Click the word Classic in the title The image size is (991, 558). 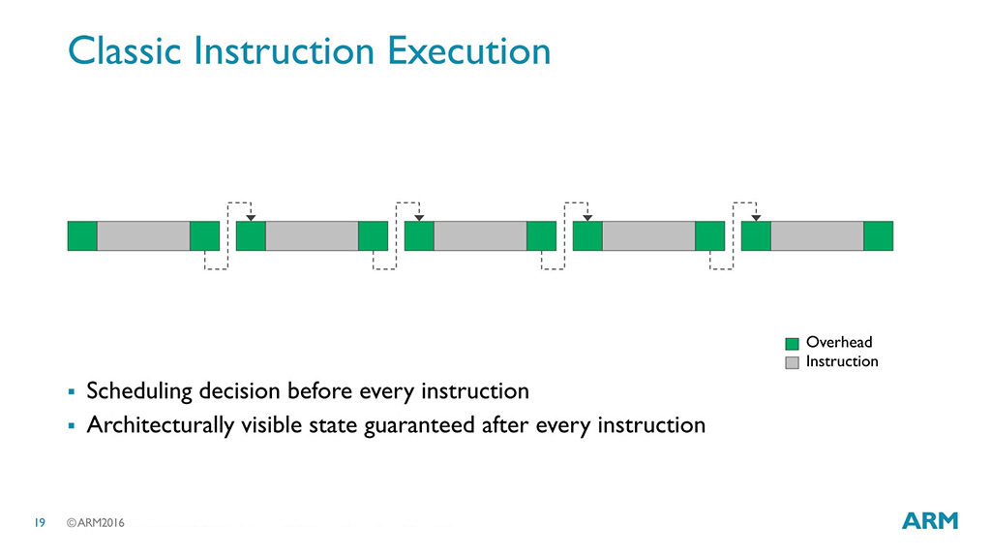[125, 50]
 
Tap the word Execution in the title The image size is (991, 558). [469, 50]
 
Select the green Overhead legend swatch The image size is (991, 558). [792, 344]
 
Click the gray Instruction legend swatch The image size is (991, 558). [792, 362]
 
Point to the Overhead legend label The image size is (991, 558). [839, 342]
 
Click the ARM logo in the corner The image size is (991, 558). [930, 520]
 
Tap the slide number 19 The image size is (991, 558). [40, 522]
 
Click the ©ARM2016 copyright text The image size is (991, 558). [96, 522]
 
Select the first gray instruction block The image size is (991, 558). [143, 236]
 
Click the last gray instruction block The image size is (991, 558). [817, 236]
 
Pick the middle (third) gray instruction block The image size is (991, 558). [480, 236]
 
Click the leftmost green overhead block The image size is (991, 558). [82, 236]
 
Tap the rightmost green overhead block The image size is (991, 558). [879, 236]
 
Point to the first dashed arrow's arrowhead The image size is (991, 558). [251, 218]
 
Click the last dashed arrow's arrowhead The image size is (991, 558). [756, 218]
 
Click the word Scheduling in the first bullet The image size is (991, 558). [139, 391]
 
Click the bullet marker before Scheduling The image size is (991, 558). [72, 392]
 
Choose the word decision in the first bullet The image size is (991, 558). [240, 391]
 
